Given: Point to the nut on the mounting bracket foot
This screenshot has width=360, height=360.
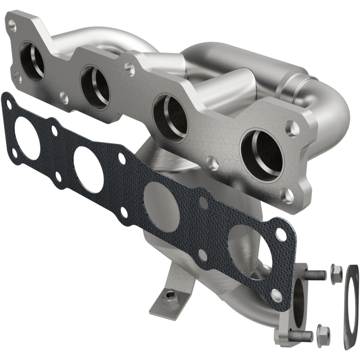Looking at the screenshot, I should pyautogui.click(x=170, y=297).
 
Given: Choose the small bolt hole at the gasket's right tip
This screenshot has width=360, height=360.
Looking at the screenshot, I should pyautogui.click(x=281, y=234).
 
